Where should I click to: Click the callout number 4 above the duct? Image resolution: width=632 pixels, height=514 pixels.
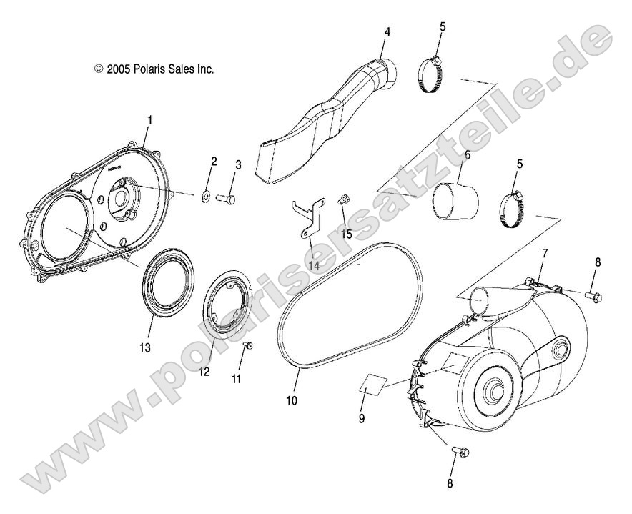coord(387,32)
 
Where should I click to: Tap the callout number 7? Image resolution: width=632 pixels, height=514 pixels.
coord(545,254)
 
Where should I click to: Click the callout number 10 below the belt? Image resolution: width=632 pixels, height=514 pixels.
coord(291,401)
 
